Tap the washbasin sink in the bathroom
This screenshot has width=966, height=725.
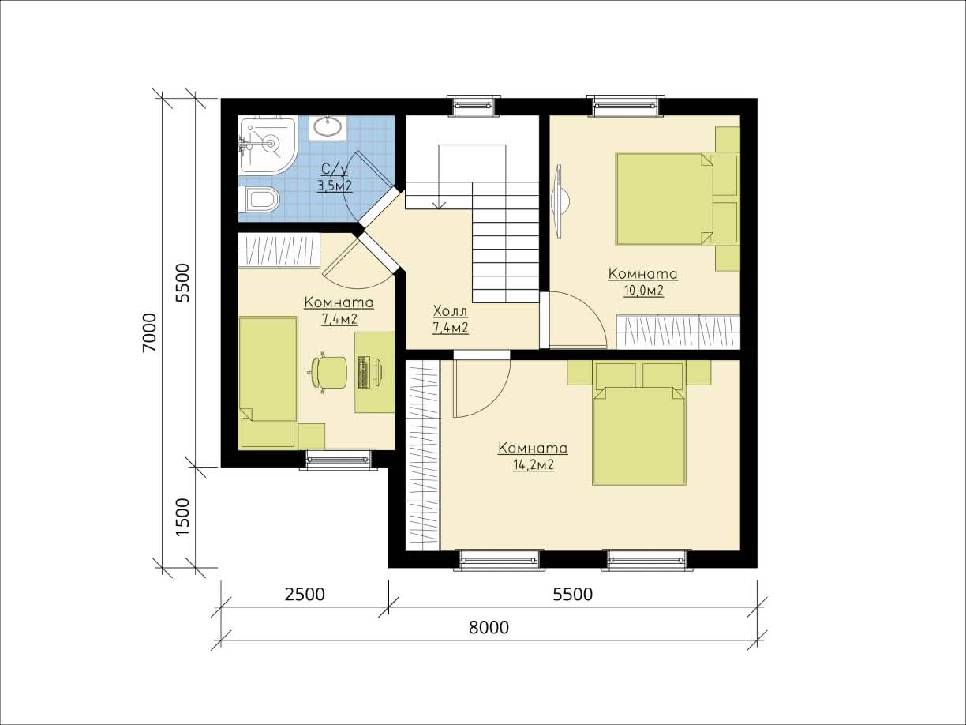[x=328, y=127]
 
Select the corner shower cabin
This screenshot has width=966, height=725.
[x=267, y=145]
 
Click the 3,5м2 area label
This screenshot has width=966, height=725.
[x=335, y=186]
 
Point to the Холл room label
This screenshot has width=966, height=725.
[x=450, y=311]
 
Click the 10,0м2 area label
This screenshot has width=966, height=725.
[x=643, y=291]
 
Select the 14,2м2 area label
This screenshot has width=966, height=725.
[x=533, y=465]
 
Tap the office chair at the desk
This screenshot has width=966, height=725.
[x=327, y=373]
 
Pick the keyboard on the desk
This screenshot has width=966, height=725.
[x=362, y=372]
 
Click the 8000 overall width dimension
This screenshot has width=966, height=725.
[x=489, y=628]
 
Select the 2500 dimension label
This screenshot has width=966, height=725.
[x=305, y=594]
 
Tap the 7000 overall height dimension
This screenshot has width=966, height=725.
[x=150, y=332]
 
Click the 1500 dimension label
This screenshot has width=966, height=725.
[x=182, y=517]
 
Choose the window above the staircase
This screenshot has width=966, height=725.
[x=474, y=106]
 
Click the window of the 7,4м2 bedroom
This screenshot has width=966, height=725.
[x=338, y=460]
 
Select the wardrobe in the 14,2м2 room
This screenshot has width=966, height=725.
[x=422, y=455]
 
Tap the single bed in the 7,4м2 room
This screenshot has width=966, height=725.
[x=268, y=382]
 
